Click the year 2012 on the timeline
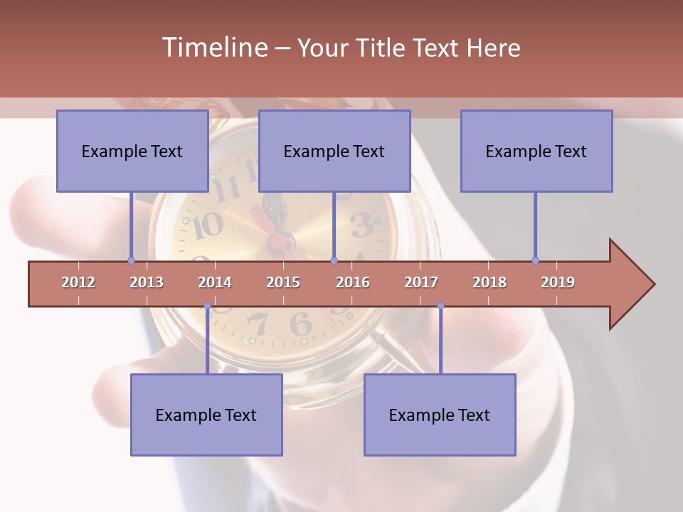[x=78, y=282]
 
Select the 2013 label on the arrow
[x=147, y=282]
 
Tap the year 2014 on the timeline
[x=215, y=282]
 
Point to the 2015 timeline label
[x=283, y=282]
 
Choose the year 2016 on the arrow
[x=353, y=282]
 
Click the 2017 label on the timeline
[x=421, y=282]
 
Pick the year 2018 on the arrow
[x=489, y=282]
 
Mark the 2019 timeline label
[x=558, y=282]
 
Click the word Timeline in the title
[x=213, y=48]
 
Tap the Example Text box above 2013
[x=132, y=151]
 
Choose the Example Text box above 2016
[x=334, y=151]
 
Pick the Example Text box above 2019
[x=536, y=151]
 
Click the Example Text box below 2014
[x=206, y=415]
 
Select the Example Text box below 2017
[x=440, y=415]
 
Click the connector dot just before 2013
[x=132, y=260]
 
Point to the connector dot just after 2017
[x=440, y=306]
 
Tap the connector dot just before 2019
[x=536, y=260]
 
